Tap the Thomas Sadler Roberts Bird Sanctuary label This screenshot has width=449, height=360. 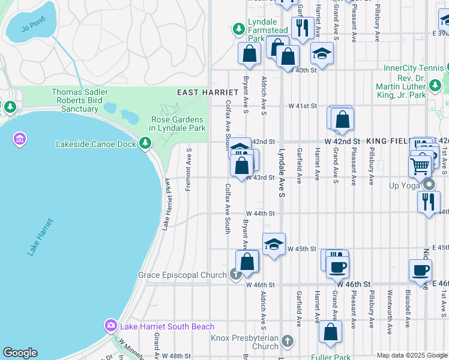tap(80, 100)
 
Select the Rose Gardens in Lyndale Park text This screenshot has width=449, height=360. tap(177, 123)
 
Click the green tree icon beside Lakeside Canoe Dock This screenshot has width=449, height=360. tap(145, 143)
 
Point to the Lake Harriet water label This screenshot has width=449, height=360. tap(40, 238)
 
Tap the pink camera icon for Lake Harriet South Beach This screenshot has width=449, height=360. tap(111, 326)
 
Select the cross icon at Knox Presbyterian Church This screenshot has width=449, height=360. tap(287, 341)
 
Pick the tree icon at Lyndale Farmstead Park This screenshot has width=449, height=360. tap(239, 28)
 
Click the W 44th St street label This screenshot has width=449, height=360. tap(260, 213)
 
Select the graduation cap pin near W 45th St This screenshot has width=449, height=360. tap(274, 244)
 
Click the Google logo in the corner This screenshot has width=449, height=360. tap(20, 353)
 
